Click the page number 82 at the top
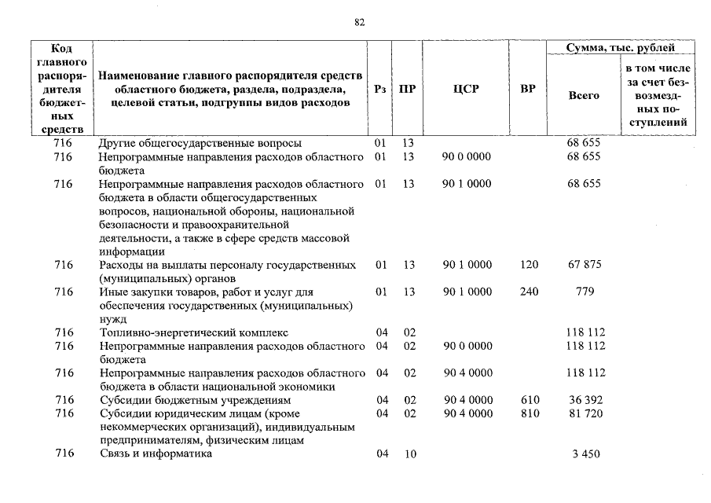click(360, 23)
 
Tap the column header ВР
click(528, 89)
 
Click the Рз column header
click(380, 89)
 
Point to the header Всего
click(583, 95)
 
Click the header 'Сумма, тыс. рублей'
click(620, 48)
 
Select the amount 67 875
click(584, 265)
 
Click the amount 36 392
click(584, 400)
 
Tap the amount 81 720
click(584, 413)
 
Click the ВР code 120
click(530, 265)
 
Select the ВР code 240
click(530, 292)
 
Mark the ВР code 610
click(530, 400)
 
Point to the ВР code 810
click(530, 413)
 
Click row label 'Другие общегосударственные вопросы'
click(200, 143)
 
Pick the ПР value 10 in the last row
click(409, 454)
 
